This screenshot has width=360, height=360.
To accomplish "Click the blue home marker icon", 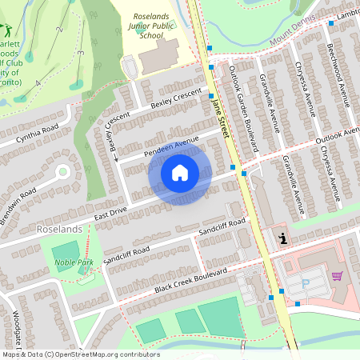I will pos(180,173).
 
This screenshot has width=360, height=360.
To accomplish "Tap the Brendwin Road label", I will pos(18,205).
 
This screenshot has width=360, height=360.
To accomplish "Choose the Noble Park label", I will pos(74,262).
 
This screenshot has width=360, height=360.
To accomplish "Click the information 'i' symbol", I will pos(282,238).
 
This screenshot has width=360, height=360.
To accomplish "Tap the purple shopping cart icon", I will pos(338,276).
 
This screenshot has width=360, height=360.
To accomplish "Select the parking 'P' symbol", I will pos(305,284).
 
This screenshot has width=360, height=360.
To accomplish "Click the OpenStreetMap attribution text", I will pos(80,354).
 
